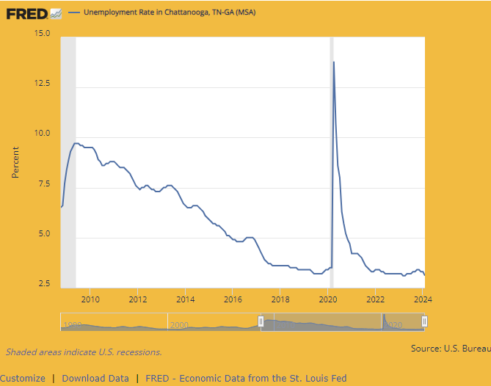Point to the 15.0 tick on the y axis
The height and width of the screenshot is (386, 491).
coord(42,33)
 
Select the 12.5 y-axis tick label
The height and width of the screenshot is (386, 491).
coord(42,83)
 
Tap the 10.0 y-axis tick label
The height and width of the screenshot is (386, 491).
coord(42,134)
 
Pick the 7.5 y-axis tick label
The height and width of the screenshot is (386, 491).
coord(43,183)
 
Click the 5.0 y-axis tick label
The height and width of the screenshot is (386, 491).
coord(43,234)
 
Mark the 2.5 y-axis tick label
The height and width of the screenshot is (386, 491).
coord(43,284)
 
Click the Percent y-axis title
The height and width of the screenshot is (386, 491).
coord(15,162)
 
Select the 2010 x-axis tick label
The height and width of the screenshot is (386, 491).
coord(90,299)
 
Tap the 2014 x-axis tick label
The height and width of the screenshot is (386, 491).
coord(185,299)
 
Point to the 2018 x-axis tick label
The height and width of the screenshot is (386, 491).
coord(280,299)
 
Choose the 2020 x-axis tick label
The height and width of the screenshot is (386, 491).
coord(327,299)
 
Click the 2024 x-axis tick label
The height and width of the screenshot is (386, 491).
coord(422,299)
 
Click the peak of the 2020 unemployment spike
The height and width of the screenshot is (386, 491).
coord(334,62)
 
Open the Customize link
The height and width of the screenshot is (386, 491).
coord(23,379)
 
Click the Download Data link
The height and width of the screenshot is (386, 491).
coord(95,379)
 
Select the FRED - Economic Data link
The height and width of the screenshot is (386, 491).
coord(246,379)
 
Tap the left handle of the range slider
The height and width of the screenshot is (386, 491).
coord(261,321)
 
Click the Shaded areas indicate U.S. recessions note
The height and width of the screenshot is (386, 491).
coord(84,352)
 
